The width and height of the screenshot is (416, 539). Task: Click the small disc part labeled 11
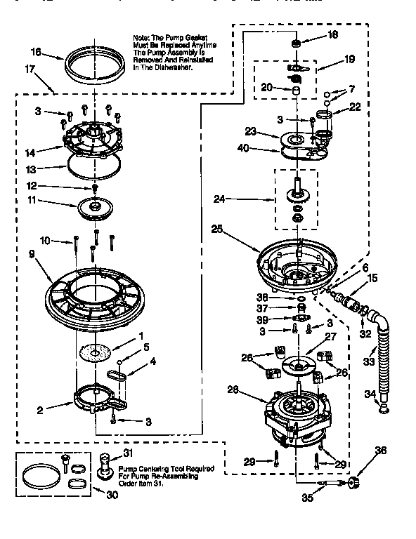pos(93,207)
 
